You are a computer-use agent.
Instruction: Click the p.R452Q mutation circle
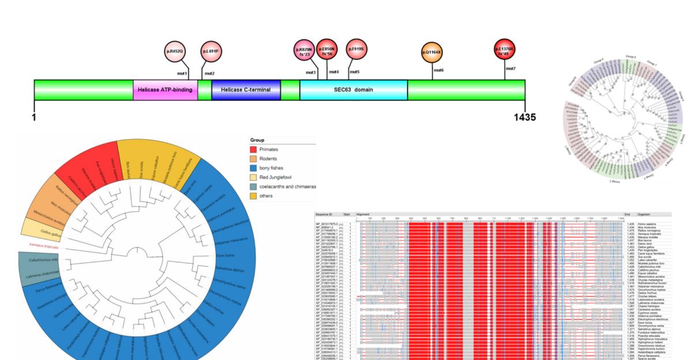point(175,51)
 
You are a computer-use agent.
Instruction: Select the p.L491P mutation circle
point(211,51)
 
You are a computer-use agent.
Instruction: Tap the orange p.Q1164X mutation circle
point(432,52)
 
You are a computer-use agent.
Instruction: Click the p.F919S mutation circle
point(356,50)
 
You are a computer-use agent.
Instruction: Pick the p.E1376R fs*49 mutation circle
point(505,50)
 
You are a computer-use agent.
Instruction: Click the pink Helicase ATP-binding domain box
point(165,90)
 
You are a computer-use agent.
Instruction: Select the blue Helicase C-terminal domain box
point(246,90)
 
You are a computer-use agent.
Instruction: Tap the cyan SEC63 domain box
point(353,90)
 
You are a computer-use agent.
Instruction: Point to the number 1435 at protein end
point(524,117)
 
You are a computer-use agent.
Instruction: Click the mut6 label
point(438,70)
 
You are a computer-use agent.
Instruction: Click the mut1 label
point(182,74)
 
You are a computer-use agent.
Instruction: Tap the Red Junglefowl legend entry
point(275,177)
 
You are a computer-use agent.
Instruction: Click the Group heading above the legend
point(257,140)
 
